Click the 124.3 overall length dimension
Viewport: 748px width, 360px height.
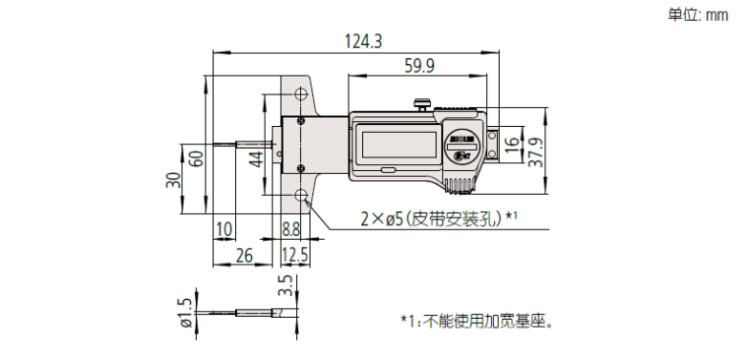click(x=364, y=41)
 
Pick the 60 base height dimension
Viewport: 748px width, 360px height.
click(x=197, y=156)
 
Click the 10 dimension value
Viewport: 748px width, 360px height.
click(x=223, y=229)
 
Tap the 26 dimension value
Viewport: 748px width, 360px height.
click(x=245, y=256)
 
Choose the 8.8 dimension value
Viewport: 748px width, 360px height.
click(x=292, y=229)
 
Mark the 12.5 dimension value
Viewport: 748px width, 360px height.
click(x=294, y=256)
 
